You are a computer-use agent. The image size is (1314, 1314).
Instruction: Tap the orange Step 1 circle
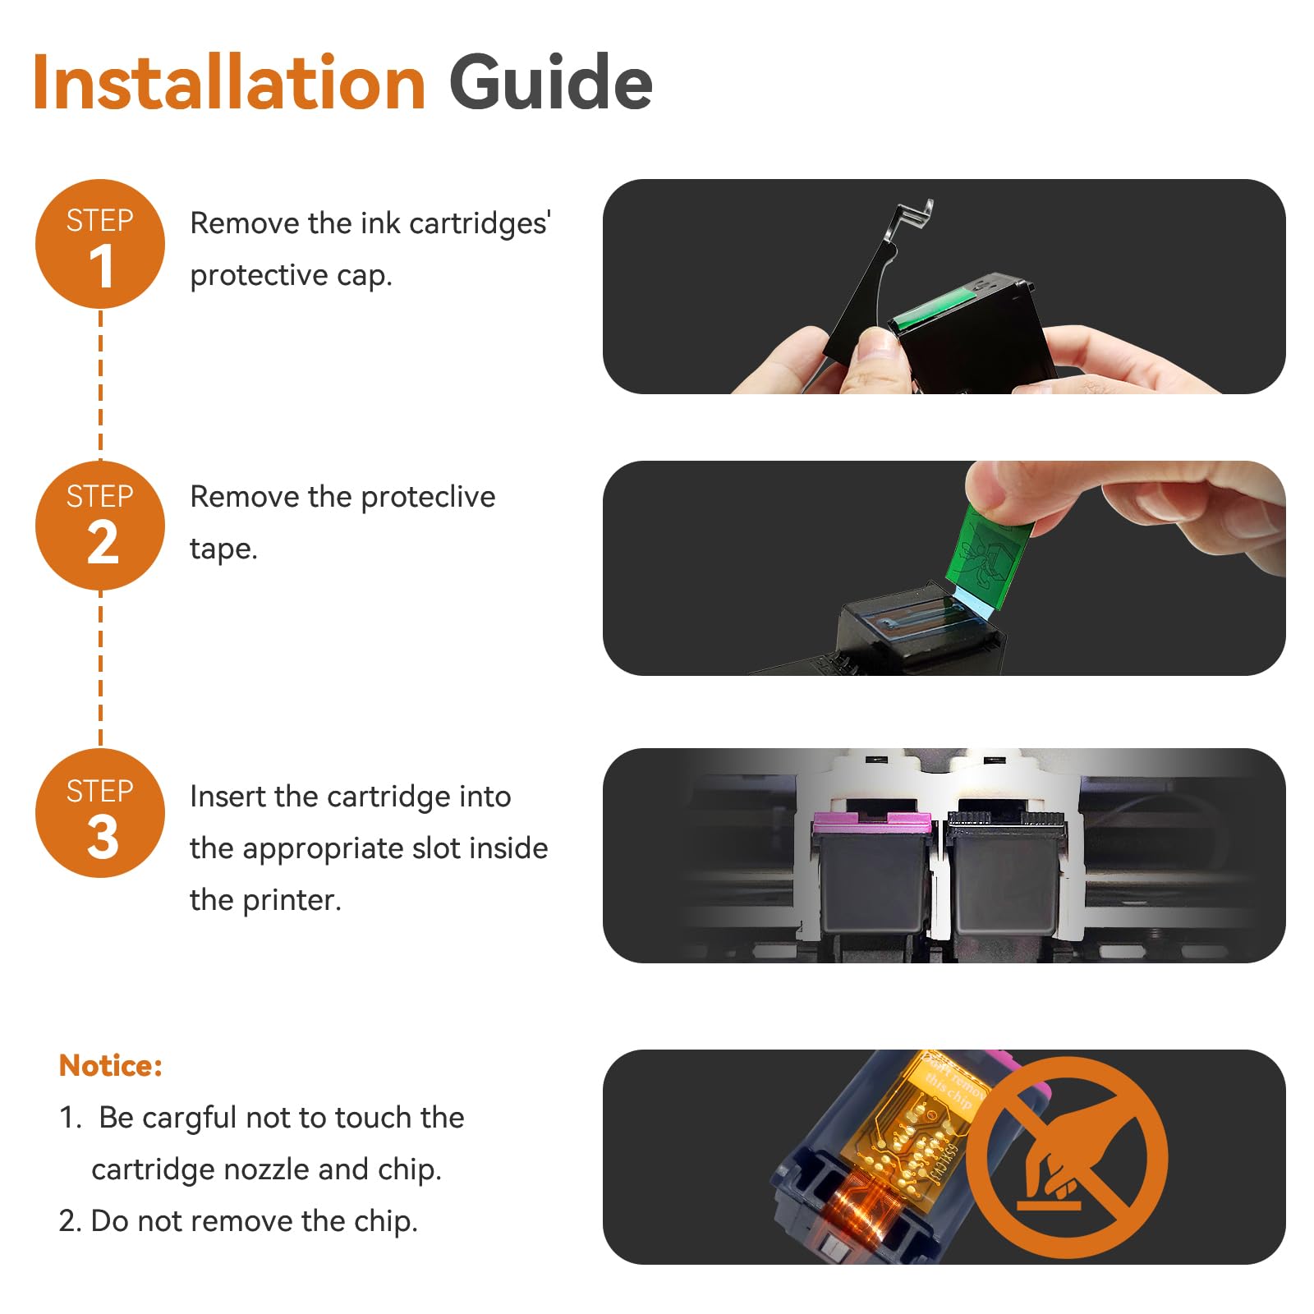point(100,244)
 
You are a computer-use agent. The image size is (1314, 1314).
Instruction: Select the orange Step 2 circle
point(100,526)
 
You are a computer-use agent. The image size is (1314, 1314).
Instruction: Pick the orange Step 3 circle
point(100,813)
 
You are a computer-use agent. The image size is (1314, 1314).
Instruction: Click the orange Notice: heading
point(111,1065)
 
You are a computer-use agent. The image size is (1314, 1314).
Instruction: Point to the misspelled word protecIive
point(428,498)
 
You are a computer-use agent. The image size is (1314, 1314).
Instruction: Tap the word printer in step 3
point(292,901)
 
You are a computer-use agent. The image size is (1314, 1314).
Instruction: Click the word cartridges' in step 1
point(480,224)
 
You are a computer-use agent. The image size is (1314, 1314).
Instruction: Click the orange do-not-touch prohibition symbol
point(1067,1157)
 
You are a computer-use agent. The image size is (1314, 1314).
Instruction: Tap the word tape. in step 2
point(223,549)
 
